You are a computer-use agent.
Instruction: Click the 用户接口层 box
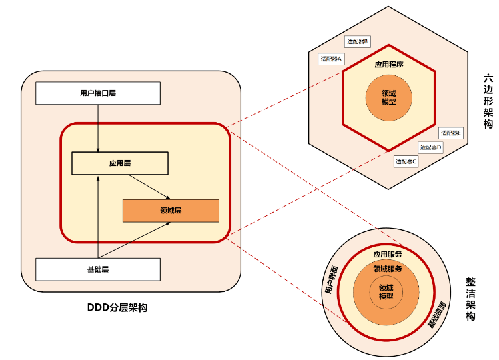pyautogui.click(x=97, y=93)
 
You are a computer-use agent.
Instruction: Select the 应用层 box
pyautogui.click(x=119, y=163)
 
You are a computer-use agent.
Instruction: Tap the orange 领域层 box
pyautogui.click(x=171, y=211)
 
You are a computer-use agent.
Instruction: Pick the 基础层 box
pyautogui.click(x=97, y=269)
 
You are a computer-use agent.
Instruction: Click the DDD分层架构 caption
pyautogui.click(x=117, y=307)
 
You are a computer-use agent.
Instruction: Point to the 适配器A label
pyautogui.click(x=331, y=59)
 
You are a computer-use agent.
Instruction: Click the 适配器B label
pyautogui.click(x=358, y=41)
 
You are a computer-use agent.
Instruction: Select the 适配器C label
pyautogui.click(x=406, y=161)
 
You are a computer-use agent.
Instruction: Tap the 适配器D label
pyautogui.click(x=430, y=147)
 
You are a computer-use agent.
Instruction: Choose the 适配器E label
pyautogui.click(x=450, y=133)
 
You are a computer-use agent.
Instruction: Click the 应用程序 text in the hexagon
pyautogui.click(x=388, y=65)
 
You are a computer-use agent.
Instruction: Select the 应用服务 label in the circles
pyautogui.click(x=387, y=255)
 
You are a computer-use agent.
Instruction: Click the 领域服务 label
pyautogui.click(x=387, y=269)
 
